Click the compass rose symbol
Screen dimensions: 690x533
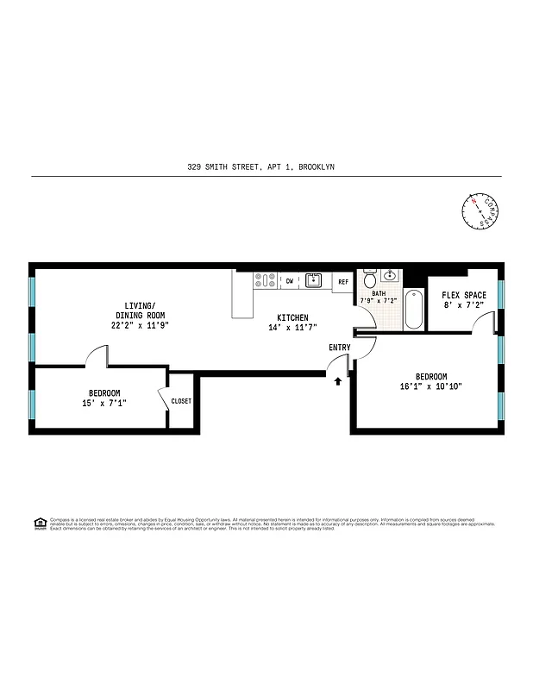[478, 211]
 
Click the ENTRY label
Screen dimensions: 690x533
[340, 348]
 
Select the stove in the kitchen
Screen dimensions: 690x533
[264, 280]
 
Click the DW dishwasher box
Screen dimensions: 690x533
[290, 280]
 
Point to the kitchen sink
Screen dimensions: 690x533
[313, 280]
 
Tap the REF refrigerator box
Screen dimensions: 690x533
[342, 281]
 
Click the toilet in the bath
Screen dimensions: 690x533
[370, 279]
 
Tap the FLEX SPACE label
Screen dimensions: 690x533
[464, 295]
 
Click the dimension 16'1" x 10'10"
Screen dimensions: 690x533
[431, 387]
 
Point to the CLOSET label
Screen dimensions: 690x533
[181, 401]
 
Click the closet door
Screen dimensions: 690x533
[163, 402]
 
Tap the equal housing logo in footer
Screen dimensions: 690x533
[40, 523]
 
